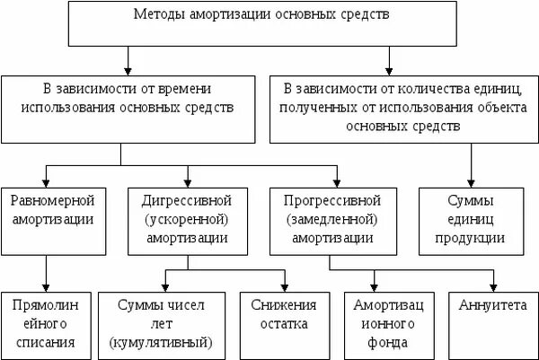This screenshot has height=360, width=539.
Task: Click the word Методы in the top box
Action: click(x=160, y=15)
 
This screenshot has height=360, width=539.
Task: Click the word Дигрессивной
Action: click(x=187, y=198)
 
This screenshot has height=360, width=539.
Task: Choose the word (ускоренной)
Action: click(x=187, y=218)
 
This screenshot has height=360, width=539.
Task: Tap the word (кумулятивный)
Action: click(x=159, y=342)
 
